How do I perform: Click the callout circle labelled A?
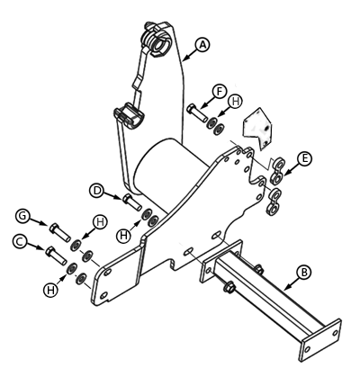(x=202, y=45)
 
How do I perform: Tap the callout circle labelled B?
(x=304, y=273)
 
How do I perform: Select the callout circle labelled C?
(x=20, y=241)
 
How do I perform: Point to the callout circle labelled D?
(x=97, y=191)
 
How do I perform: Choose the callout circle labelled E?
(x=304, y=158)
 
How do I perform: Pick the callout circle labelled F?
(x=220, y=92)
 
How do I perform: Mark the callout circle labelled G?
(x=22, y=216)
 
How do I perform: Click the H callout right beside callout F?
(x=236, y=102)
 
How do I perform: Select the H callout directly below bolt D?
(x=124, y=236)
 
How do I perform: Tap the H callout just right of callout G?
(x=100, y=222)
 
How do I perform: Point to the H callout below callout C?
(x=50, y=290)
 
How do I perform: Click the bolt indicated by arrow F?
(x=196, y=112)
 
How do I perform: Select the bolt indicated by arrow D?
(x=132, y=202)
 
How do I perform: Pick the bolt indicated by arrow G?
(x=59, y=232)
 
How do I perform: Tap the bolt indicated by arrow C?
(x=56, y=256)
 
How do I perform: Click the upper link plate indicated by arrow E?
(x=278, y=170)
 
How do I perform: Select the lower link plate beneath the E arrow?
(x=274, y=201)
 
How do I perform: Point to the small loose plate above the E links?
(x=257, y=129)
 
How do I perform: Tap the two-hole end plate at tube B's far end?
(x=321, y=340)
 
